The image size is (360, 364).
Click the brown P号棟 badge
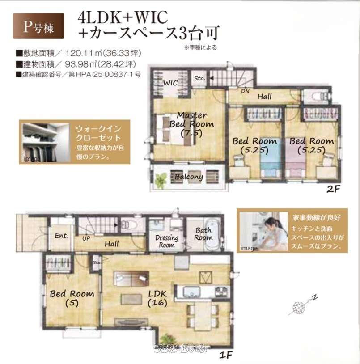(38, 26)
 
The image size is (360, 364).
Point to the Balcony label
(188, 177)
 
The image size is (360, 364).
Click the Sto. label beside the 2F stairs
(199, 79)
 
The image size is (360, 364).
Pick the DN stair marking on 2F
(245, 91)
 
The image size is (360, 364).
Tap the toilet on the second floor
(317, 95)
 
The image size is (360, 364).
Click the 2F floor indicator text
(333, 189)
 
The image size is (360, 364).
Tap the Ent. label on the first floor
(61, 236)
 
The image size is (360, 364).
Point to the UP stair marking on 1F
(86, 239)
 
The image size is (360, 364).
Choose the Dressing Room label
(167, 241)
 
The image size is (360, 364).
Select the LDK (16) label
(157, 298)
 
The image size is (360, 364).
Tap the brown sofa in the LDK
(131, 278)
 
